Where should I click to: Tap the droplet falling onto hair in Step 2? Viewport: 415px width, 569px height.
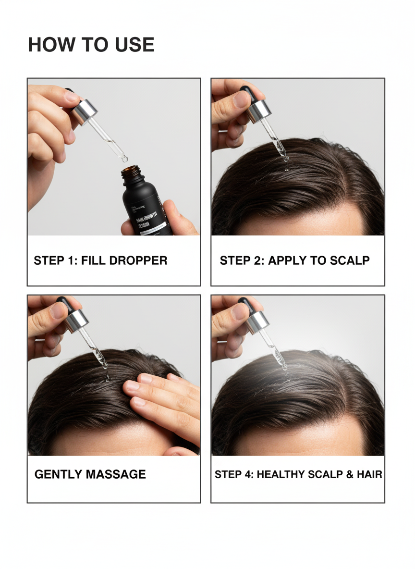(286, 168)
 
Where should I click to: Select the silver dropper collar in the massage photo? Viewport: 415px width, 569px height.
(77, 321)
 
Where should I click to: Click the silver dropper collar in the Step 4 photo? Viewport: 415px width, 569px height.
(257, 322)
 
